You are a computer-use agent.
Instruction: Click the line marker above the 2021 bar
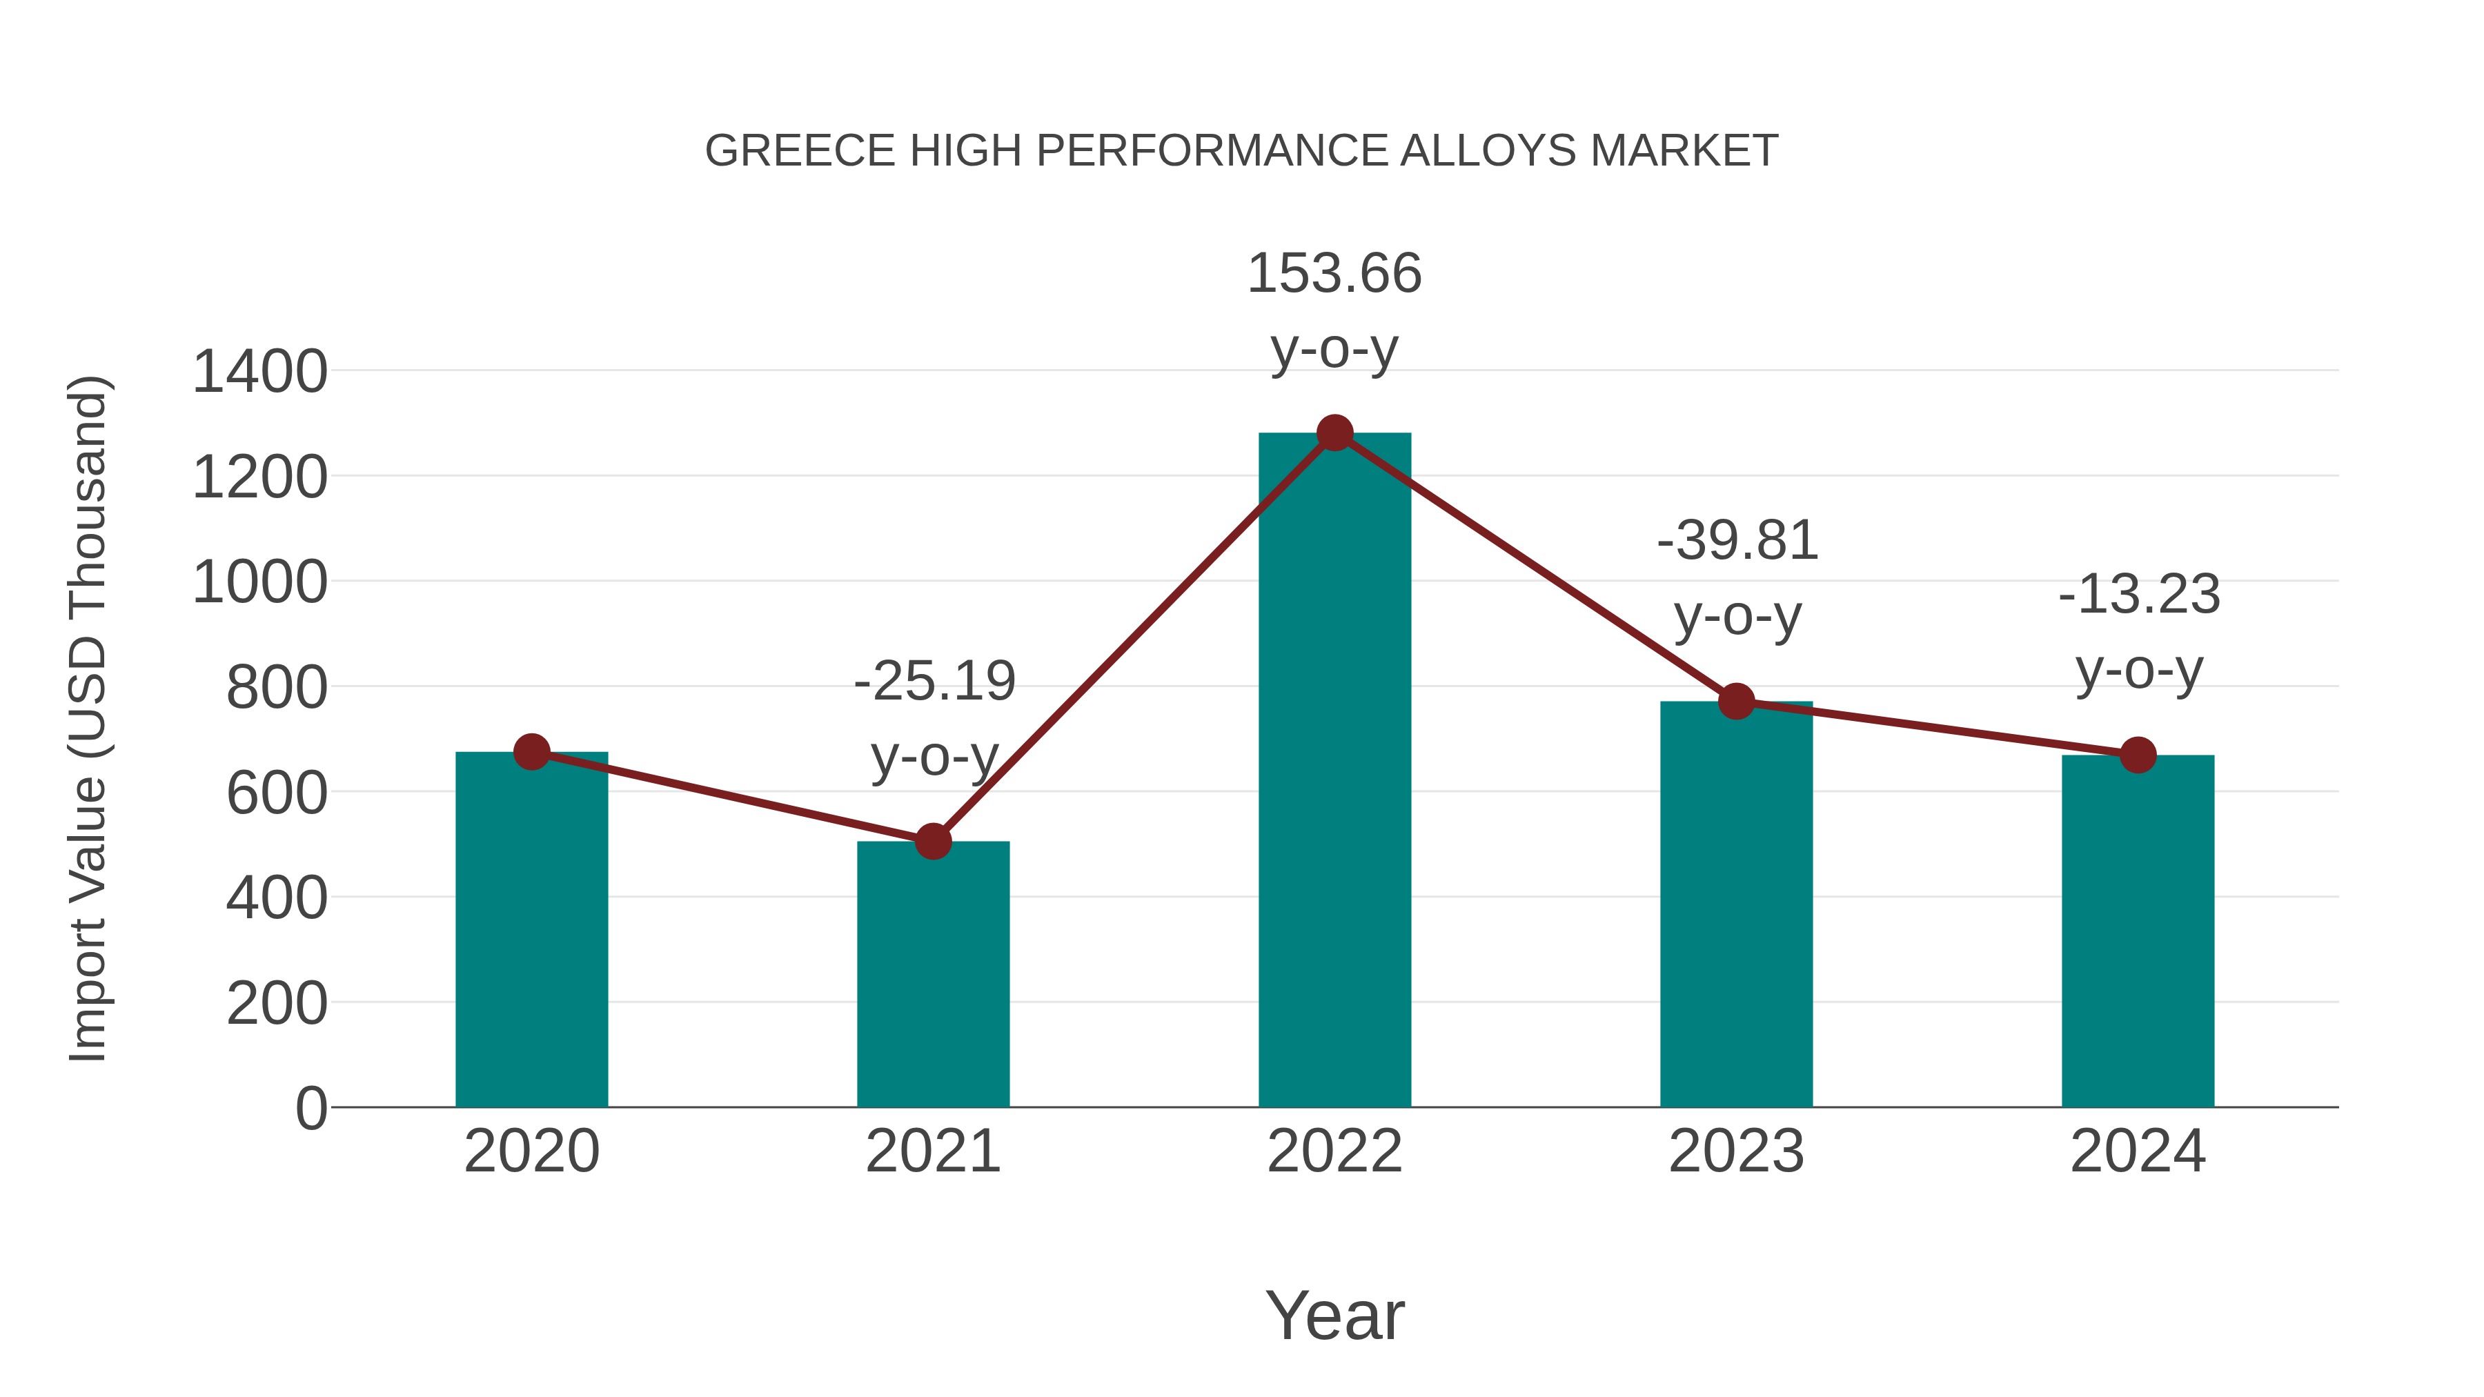[932, 842]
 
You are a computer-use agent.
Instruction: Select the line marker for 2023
[1736, 701]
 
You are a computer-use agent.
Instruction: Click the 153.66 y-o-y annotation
[1334, 274]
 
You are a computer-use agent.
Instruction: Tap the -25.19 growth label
[934, 682]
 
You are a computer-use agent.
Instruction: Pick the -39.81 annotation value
[1737, 541]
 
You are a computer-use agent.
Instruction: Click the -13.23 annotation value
[2139, 595]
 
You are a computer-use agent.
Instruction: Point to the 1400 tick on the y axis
[259, 372]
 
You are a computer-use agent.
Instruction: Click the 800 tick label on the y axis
[276, 688]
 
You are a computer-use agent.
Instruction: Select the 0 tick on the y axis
[310, 1109]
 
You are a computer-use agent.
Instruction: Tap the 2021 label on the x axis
[932, 1151]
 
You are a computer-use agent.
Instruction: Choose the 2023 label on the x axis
[1736, 1151]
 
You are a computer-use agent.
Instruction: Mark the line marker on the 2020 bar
[531, 751]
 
